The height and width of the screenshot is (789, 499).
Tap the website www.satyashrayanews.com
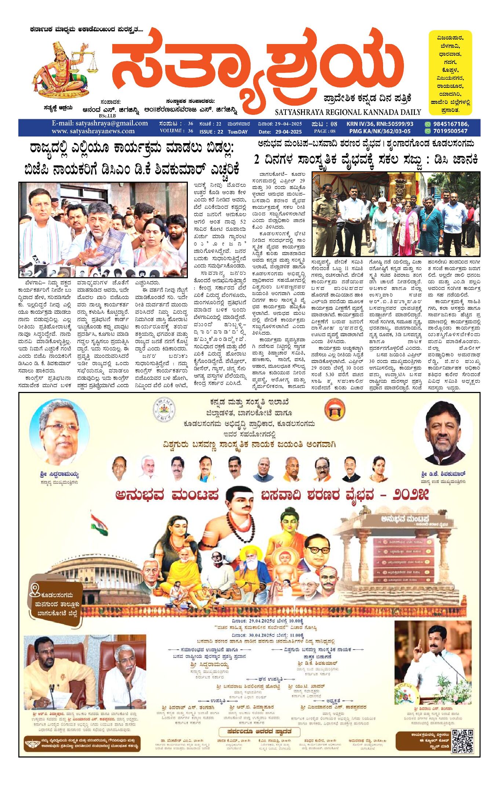click(93, 131)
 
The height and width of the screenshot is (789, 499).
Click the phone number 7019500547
click(450, 131)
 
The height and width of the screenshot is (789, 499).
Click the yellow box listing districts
click(450, 73)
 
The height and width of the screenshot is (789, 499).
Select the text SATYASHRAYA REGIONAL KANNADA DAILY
click(347, 112)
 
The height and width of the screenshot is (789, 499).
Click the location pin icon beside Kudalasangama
click(35, 590)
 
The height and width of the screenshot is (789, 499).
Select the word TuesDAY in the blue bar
click(237, 132)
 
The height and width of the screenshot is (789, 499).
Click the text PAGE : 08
click(324, 131)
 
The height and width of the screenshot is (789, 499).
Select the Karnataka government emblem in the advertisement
click(164, 409)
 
